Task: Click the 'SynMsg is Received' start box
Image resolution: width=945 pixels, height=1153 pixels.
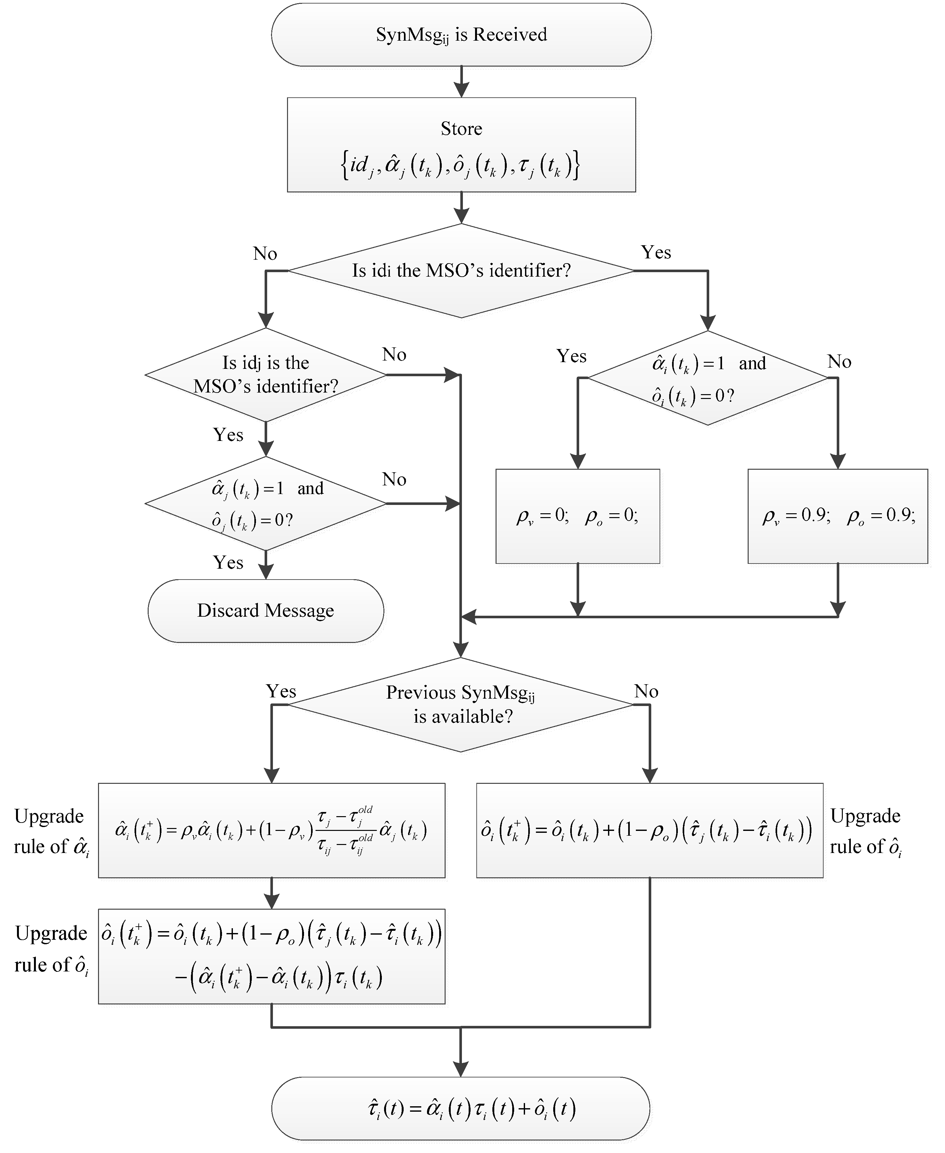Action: pyautogui.click(x=461, y=35)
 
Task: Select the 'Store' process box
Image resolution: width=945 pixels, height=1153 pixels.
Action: pyautogui.click(x=461, y=145)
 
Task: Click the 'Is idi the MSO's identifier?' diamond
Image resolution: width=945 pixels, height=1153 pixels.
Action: pyautogui.click(x=461, y=271)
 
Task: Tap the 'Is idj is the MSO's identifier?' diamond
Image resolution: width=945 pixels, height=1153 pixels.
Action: pyautogui.click(x=266, y=374)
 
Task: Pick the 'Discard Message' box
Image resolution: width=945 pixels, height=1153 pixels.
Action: pyautogui.click(x=266, y=611)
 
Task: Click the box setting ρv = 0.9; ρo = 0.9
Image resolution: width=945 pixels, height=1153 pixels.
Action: pyautogui.click(x=837, y=516)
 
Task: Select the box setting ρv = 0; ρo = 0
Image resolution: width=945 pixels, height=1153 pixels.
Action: pyautogui.click(x=578, y=516)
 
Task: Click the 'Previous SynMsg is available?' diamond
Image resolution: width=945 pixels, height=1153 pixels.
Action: pyautogui.click(x=461, y=705)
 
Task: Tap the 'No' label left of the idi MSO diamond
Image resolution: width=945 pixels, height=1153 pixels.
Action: pyautogui.click(x=265, y=254)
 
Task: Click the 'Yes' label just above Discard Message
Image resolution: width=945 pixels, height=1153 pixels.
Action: pyautogui.click(x=228, y=562)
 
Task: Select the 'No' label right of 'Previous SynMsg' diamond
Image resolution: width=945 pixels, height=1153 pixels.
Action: pyautogui.click(x=646, y=692)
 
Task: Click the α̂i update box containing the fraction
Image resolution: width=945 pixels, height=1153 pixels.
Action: pyautogui.click(x=271, y=830)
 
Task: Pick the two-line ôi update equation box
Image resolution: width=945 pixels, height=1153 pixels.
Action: pyautogui.click(x=271, y=956)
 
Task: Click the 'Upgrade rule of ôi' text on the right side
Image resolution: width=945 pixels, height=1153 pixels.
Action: pyautogui.click(x=866, y=832)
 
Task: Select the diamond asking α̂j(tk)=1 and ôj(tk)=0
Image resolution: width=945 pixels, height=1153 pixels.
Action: pyautogui.click(x=266, y=503)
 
